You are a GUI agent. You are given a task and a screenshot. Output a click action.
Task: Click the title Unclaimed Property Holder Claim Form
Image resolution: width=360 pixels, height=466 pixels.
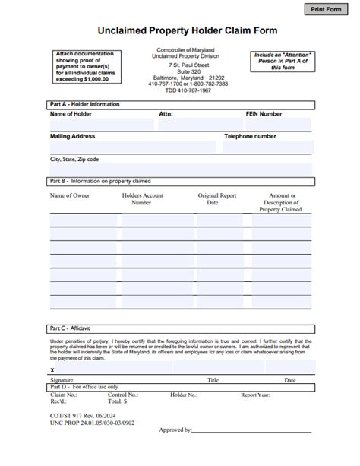click(x=182, y=31)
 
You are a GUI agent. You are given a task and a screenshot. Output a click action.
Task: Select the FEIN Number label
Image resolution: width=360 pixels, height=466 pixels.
click(x=264, y=114)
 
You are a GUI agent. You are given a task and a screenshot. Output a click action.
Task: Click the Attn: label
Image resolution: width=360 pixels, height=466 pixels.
click(x=166, y=114)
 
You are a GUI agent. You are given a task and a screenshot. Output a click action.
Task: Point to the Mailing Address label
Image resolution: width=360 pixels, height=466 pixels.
click(x=72, y=137)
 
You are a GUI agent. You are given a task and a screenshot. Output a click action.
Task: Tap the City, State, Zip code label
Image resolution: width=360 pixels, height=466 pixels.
click(x=74, y=160)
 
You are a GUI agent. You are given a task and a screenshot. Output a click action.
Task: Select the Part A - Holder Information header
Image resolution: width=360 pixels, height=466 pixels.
click(x=84, y=104)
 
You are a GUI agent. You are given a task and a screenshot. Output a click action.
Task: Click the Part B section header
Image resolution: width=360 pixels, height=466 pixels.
click(x=99, y=181)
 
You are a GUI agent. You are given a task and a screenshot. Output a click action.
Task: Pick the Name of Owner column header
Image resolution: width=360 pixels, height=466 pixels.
click(x=70, y=195)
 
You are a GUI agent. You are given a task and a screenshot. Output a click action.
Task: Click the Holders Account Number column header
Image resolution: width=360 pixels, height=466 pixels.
click(x=142, y=199)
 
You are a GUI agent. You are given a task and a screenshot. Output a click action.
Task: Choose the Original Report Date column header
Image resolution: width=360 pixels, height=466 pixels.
click(x=218, y=199)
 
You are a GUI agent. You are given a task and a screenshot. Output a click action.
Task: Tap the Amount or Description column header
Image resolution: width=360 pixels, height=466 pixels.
click(x=282, y=202)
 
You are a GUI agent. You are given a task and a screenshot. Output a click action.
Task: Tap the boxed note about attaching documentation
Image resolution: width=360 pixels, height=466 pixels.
click(x=83, y=66)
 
